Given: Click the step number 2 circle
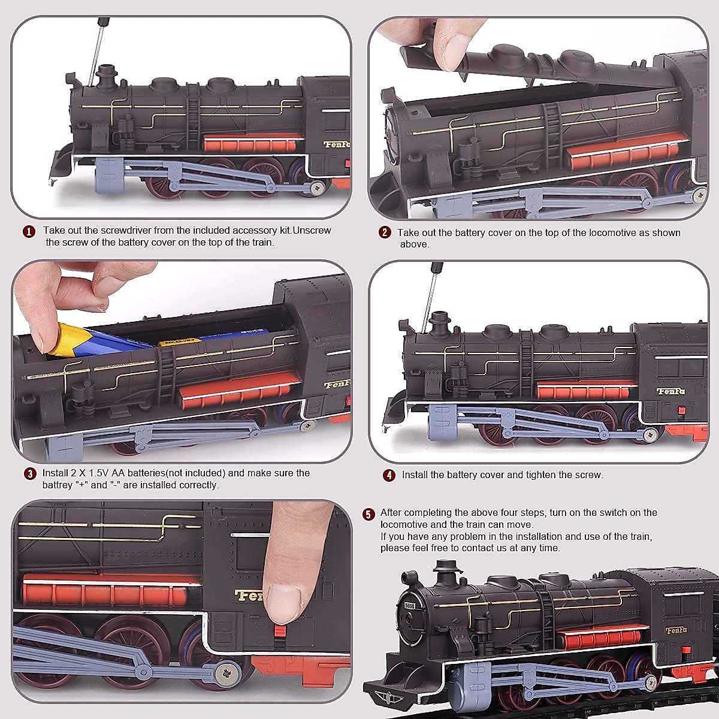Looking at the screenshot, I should pos(385,233).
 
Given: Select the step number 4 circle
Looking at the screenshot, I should pos(389,476).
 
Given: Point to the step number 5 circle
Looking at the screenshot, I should pos(369,514).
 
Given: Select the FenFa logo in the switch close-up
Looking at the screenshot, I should pos(253,595).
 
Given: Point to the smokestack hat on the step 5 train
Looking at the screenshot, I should pos(446,565).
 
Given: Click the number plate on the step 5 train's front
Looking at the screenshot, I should pos(410,606).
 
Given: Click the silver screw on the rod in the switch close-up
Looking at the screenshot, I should pos(226,670).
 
